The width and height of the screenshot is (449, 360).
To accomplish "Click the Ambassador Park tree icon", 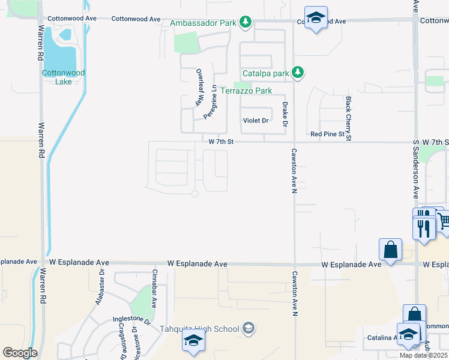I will (245, 23).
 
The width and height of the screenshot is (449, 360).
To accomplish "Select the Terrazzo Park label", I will (246, 91).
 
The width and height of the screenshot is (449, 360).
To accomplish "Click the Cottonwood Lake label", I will (63, 77).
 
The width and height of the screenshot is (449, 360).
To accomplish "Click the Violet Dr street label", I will (255, 121).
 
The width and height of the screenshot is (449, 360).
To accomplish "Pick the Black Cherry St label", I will (348, 118).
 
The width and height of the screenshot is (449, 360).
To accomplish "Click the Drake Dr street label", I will (285, 114).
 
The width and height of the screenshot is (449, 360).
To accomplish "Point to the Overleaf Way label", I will (197, 88).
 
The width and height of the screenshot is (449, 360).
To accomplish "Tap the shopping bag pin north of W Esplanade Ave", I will (390, 250).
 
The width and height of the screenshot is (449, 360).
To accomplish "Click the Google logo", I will (20, 353).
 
